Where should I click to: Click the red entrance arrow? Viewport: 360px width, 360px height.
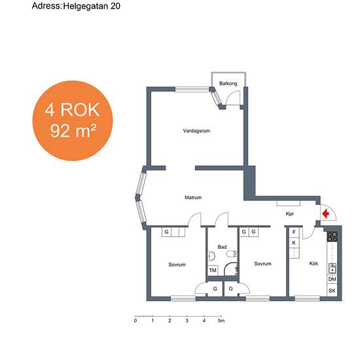(325, 214)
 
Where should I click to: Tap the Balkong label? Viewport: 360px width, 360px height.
(228, 83)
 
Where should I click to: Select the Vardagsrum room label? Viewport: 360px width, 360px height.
(196, 131)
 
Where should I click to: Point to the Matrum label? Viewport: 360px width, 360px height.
(193, 198)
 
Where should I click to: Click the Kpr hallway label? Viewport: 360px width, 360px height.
(290, 214)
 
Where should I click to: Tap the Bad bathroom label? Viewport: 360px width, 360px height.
(222, 247)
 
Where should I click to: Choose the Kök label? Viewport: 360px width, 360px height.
(314, 264)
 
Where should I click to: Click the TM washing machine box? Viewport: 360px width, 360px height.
(213, 270)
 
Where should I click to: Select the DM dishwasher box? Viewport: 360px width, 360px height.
(333, 279)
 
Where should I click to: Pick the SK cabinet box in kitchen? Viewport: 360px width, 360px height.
(332, 291)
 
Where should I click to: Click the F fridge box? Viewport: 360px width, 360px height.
(294, 232)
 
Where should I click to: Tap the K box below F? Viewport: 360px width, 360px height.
(294, 243)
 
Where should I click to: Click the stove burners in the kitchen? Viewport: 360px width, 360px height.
(333, 237)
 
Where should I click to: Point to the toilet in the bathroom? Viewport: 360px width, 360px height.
(232, 254)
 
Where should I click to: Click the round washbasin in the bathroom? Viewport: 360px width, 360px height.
(211, 256)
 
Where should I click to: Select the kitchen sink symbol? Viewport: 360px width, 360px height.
(333, 268)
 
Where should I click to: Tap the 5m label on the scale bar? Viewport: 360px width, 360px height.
(221, 321)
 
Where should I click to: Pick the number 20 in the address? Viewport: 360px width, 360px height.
(115, 6)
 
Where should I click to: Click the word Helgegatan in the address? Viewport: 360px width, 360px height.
(86, 6)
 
